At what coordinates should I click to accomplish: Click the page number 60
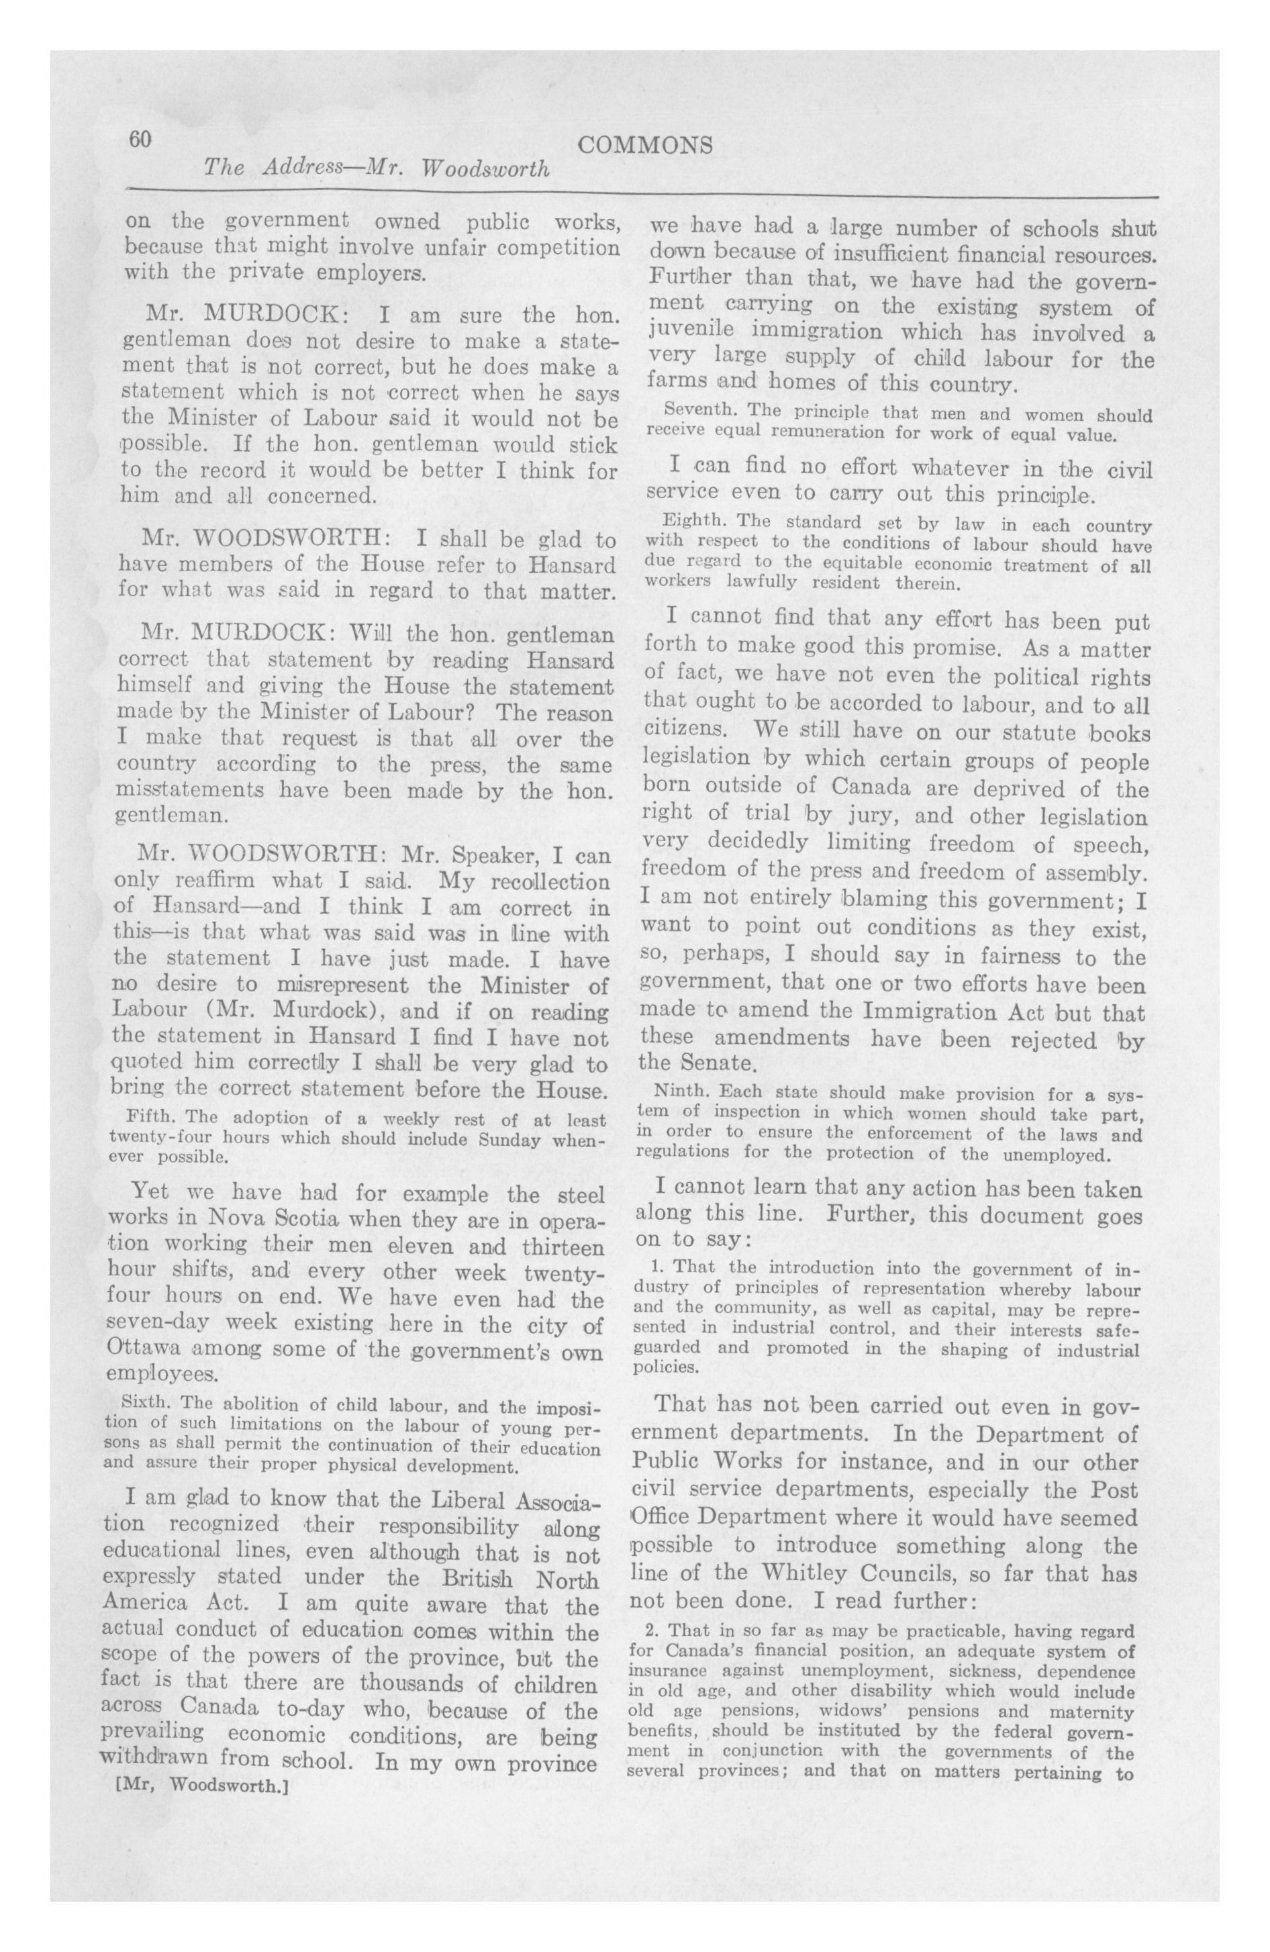click(x=140, y=140)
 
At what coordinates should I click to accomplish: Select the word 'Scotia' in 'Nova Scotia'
click(x=287, y=1217)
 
